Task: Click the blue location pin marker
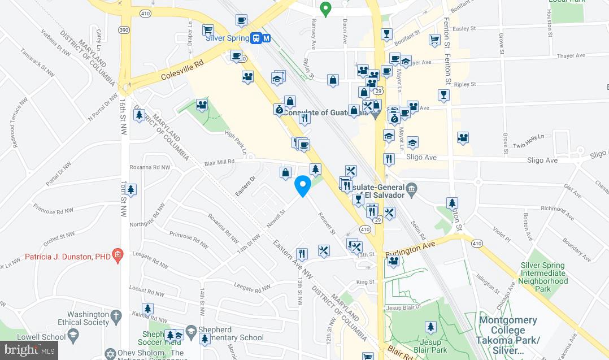tap(303, 186)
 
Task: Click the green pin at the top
tap(325, 8)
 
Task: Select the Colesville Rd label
tap(181, 71)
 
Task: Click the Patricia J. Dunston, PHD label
tap(67, 256)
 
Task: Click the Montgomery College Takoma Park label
tap(509, 330)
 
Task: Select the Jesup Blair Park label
tap(430, 346)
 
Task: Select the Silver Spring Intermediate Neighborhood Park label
tap(543, 277)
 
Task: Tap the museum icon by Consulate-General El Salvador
tap(411, 188)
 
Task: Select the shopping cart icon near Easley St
tap(434, 40)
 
